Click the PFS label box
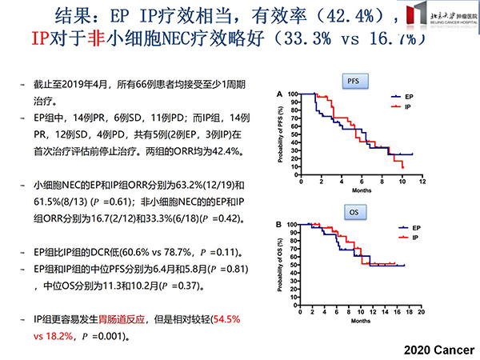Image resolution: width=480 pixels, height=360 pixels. (353, 82)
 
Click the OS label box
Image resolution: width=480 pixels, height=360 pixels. (353, 213)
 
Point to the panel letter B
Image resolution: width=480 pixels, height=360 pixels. (278, 224)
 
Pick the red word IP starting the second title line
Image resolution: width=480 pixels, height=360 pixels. (40, 39)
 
